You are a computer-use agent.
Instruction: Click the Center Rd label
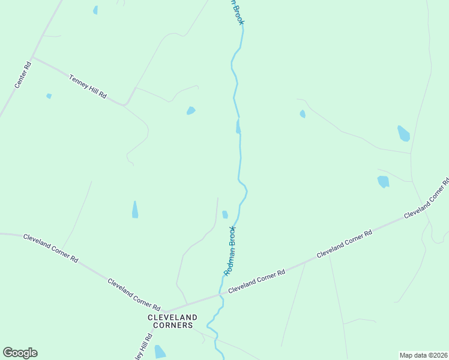click(x=23, y=74)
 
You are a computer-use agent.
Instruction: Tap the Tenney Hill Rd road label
click(x=88, y=86)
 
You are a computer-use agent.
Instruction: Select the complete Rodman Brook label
click(x=230, y=251)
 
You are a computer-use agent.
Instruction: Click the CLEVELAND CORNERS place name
click(x=173, y=321)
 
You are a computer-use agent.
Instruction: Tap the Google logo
click(x=20, y=353)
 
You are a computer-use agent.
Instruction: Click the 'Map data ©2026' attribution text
click(x=423, y=355)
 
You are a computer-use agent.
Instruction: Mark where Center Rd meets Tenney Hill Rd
click(x=33, y=58)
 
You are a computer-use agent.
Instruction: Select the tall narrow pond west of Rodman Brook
click(x=135, y=209)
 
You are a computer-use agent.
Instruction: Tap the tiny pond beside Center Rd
click(x=49, y=96)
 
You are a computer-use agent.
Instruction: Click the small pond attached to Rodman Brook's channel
click(x=238, y=127)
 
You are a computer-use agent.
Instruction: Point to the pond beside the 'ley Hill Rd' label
click(x=160, y=352)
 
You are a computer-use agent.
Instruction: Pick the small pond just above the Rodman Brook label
click(x=225, y=214)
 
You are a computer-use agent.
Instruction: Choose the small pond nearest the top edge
click(x=95, y=10)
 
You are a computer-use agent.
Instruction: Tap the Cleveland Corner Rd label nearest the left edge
click(x=50, y=248)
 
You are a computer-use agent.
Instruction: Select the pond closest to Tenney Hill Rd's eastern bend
click(x=191, y=110)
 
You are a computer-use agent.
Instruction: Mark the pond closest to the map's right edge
click(x=403, y=133)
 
